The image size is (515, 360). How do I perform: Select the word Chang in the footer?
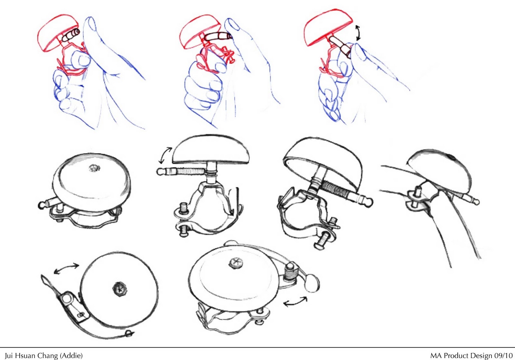47,356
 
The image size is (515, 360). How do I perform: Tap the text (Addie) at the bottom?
71,356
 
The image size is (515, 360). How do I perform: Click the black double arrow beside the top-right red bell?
358,33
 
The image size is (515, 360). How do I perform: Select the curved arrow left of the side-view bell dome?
165,155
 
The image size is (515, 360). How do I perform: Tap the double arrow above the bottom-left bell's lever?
66,269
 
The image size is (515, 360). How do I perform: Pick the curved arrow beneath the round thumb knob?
295,302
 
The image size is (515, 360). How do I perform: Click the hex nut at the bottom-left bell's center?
120,289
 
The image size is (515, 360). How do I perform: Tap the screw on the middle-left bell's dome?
95,168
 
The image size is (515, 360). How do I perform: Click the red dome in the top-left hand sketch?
58,32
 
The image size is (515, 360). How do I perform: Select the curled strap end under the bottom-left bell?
129,333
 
